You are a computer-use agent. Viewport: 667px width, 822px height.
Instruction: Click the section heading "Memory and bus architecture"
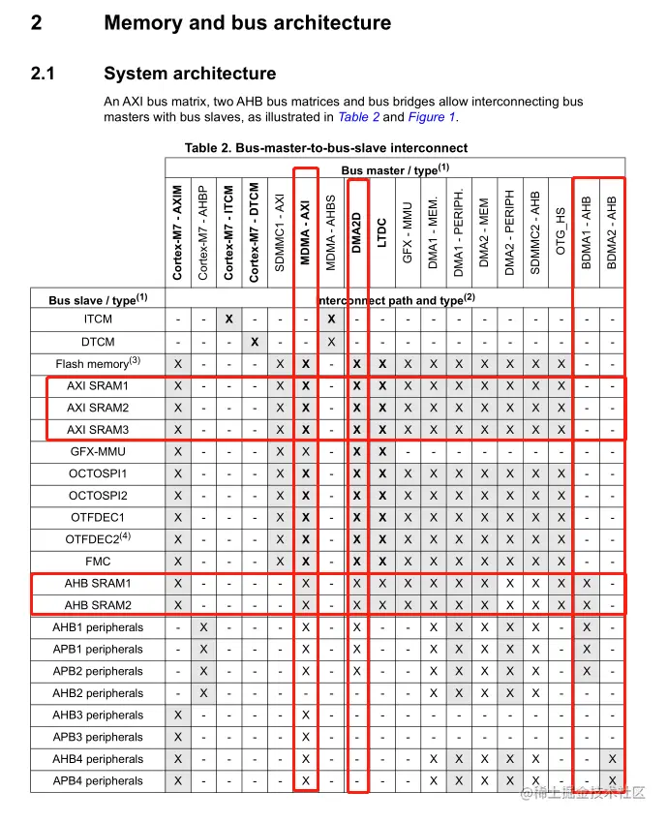point(247,23)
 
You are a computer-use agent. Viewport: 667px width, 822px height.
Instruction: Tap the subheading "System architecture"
point(189,74)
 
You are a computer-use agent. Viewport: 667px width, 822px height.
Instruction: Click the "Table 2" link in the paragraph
point(358,117)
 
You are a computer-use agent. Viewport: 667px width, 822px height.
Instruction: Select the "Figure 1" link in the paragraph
point(431,117)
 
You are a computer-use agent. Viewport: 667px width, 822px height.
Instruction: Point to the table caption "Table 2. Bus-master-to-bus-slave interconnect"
point(326,148)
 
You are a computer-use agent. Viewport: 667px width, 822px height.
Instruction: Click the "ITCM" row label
point(98,320)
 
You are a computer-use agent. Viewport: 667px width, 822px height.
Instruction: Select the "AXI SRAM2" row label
point(98,408)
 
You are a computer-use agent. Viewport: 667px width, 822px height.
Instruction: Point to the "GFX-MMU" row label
point(98,452)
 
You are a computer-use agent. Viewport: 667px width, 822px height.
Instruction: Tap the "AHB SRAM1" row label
point(98,584)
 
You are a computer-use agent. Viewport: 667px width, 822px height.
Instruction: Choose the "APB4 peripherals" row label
point(98,781)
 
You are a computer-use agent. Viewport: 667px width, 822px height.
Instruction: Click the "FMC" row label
point(98,562)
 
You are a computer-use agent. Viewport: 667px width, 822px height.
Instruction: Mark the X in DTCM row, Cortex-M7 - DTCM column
point(254,342)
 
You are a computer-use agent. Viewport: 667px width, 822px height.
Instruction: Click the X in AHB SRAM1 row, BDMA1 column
point(587,584)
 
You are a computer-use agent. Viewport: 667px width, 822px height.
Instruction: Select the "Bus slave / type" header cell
point(98,300)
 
